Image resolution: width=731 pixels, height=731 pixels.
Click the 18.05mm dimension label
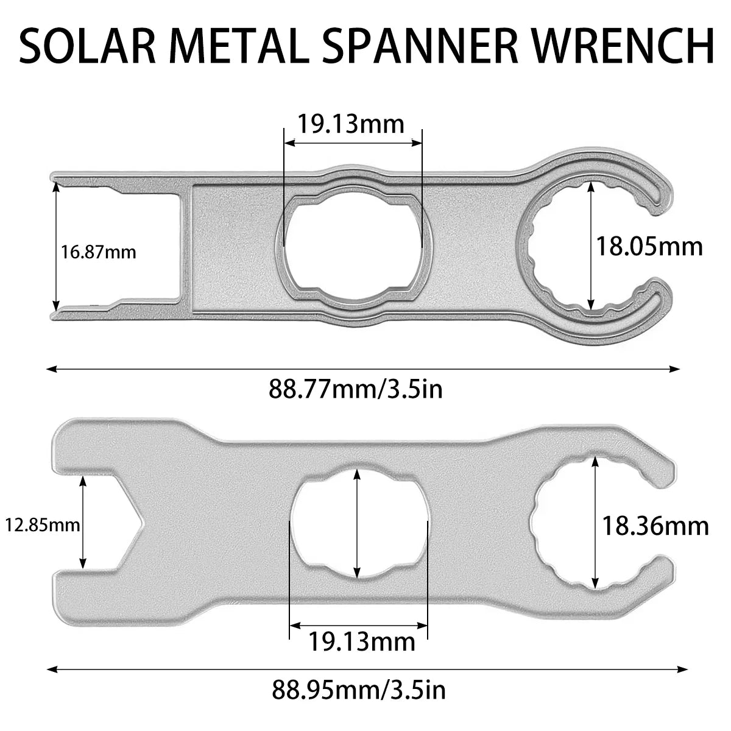coord(649,246)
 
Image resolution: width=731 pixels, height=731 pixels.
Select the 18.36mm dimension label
coord(655,525)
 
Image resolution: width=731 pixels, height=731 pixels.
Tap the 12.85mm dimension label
coord(42,524)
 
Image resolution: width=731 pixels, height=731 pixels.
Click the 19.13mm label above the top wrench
coord(351,124)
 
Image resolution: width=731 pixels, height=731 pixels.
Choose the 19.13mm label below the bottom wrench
coord(362,641)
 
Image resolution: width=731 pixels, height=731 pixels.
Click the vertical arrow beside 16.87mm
coord(56,250)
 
